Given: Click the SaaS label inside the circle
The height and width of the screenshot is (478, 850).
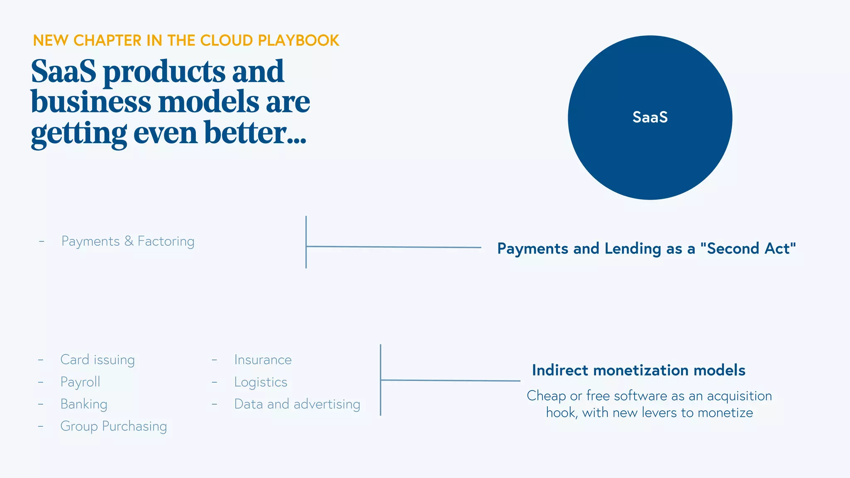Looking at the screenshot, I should pos(650,117).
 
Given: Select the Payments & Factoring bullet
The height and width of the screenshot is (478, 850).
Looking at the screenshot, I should pos(127,241).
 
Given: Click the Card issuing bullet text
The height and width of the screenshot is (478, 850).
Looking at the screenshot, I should pos(98,359).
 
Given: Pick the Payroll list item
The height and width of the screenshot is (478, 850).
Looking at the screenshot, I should pos(80,382).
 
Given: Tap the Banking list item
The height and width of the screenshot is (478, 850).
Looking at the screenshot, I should pos(84,404).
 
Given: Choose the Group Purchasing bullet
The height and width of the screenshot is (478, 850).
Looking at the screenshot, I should pos(113,426).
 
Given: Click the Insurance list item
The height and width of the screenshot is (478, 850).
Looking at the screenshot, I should pos(263,359).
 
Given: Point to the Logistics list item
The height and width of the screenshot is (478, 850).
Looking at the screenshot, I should pos(261,382).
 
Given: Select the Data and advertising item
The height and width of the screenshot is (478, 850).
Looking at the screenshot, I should pos(297,404).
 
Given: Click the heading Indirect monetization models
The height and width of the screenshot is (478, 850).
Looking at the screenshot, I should pos(638,370).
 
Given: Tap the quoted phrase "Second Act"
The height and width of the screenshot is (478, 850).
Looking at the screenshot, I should pos(748,249).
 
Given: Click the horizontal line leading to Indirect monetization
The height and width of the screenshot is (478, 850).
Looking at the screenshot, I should pos(450,380).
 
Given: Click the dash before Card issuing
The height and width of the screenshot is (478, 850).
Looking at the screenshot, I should pos(41,360).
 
